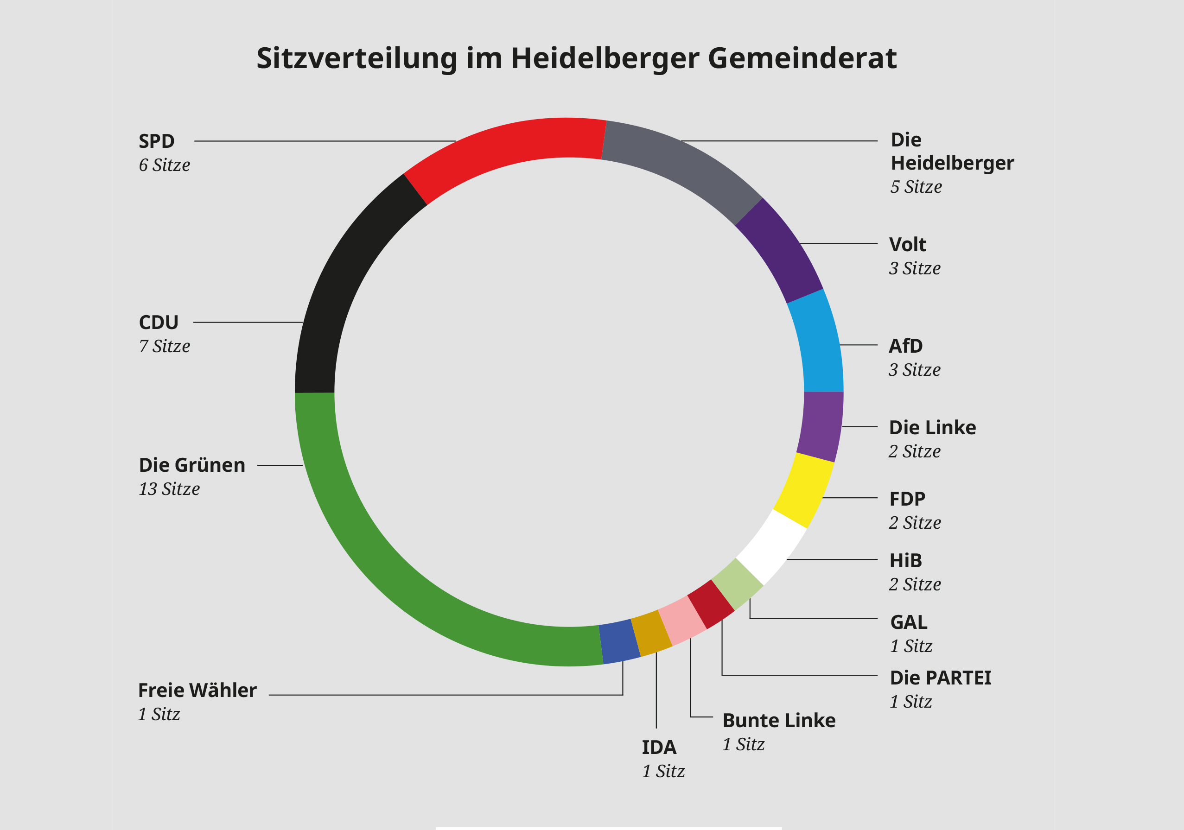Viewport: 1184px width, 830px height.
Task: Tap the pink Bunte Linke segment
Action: click(682, 620)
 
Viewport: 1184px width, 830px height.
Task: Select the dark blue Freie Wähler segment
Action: click(619, 641)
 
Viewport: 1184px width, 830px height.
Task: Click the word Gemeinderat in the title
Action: click(802, 58)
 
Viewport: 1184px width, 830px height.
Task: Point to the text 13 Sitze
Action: click(169, 489)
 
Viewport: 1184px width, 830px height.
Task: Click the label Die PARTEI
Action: click(941, 678)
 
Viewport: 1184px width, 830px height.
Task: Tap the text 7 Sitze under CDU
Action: click(165, 346)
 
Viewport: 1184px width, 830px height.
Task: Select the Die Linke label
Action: click(932, 427)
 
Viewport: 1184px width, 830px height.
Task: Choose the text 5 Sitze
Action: click(916, 187)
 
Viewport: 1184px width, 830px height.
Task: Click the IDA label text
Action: click(658, 747)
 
